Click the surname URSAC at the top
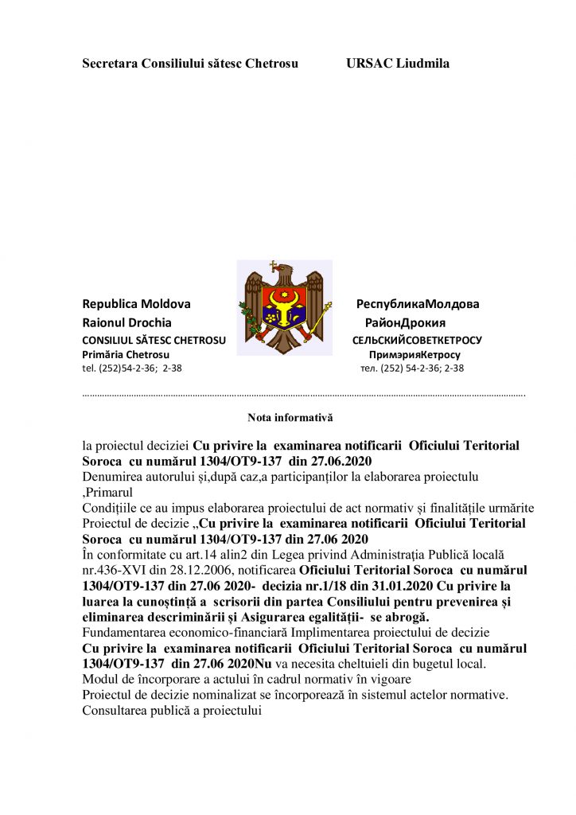372,64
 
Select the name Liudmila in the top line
425,64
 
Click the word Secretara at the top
110,64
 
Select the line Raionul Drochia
126,322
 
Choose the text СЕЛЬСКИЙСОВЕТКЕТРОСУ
417,340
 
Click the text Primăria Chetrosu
126,354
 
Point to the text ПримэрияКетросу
414,354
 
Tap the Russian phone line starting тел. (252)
412,369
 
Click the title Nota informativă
290,417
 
